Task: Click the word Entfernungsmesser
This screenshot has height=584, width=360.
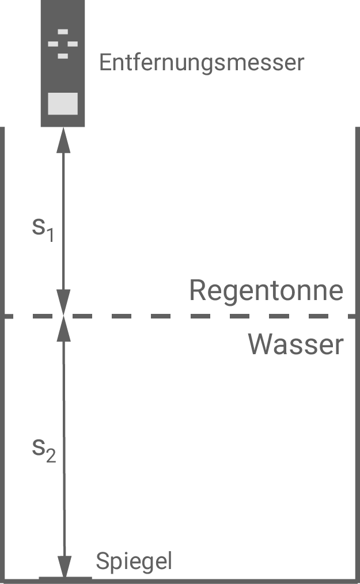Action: (201, 62)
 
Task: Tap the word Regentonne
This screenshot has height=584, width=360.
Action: (266, 291)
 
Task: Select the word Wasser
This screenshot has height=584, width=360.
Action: (295, 344)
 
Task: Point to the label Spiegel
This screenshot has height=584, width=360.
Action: (134, 561)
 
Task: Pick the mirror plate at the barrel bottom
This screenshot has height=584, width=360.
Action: (65, 577)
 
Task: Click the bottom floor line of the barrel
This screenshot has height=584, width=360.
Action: (202, 581)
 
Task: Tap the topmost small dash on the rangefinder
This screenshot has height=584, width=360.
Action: (63, 31)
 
